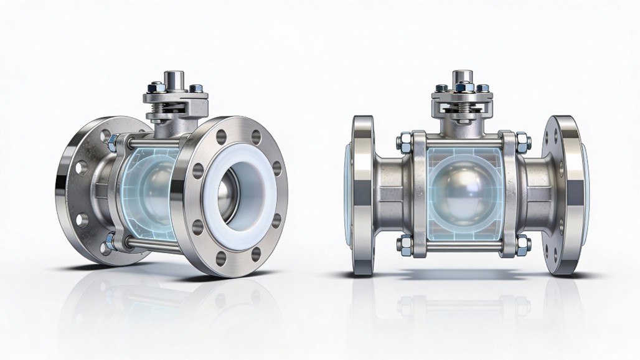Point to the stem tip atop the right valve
[x=461, y=77]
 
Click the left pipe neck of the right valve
[x=390, y=187]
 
